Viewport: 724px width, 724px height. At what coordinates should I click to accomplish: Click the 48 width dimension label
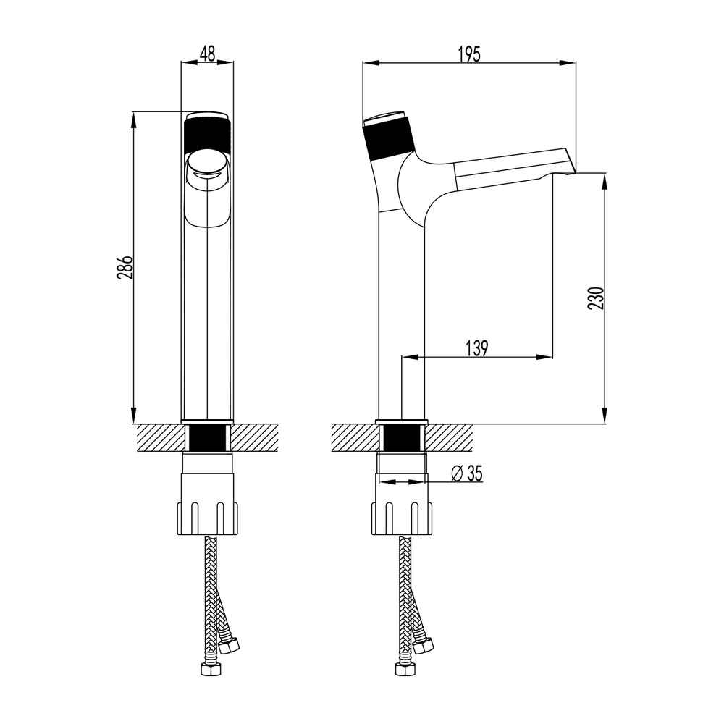coord(207,54)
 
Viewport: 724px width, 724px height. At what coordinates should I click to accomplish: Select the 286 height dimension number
coord(125,267)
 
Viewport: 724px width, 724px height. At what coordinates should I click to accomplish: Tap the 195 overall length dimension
coord(469,54)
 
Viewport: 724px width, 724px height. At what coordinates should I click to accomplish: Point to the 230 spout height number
coord(596,298)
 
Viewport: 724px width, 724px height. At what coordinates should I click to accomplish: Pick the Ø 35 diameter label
coord(467,473)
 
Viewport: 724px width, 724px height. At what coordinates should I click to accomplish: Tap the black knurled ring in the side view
coord(387,138)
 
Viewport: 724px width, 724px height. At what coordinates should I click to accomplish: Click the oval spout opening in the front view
coord(207,164)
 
